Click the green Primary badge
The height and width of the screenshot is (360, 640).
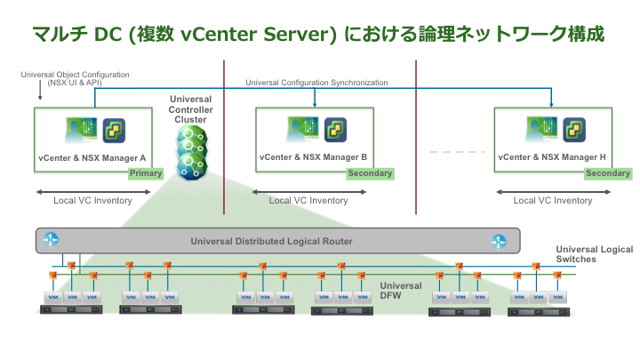click(x=146, y=173)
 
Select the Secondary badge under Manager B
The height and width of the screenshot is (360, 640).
click(x=370, y=173)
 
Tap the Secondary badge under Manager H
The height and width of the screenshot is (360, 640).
click(x=608, y=173)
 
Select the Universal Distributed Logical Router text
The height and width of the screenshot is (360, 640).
click(x=271, y=241)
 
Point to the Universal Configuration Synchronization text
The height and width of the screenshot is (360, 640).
click(x=317, y=83)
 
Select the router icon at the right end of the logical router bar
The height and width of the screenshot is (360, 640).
click(x=499, y=241)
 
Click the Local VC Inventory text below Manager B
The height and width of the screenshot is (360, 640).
click(x=308, y=201)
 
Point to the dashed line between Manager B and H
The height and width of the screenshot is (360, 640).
click(x=448, y=152)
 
